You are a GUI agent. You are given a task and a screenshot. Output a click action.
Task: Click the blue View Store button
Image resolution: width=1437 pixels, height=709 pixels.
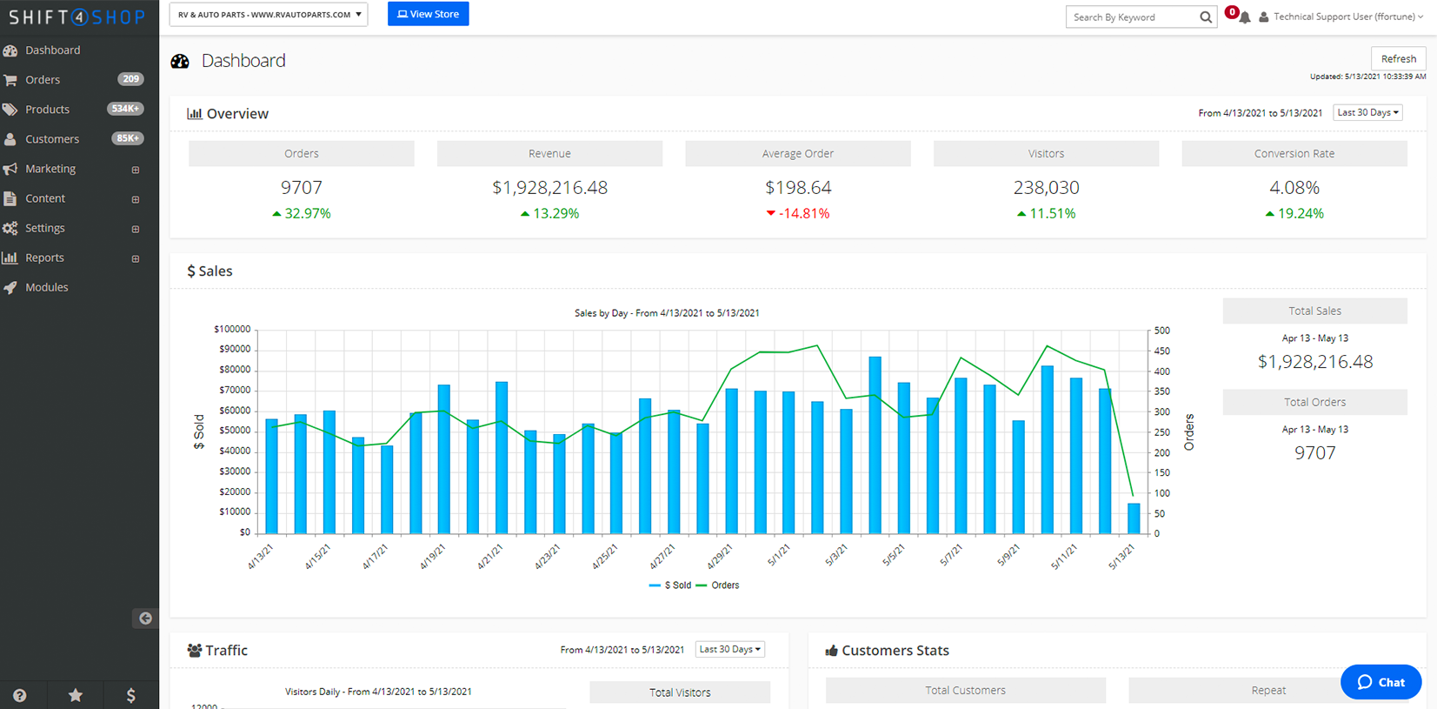coord(428,14)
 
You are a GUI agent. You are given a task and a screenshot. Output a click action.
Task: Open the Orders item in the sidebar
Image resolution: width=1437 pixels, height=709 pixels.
coord(43,80)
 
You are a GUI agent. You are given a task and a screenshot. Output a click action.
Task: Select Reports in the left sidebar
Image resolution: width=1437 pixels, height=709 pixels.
coord(44,258)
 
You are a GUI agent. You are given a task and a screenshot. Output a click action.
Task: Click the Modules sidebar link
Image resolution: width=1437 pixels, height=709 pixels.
coord(46,288)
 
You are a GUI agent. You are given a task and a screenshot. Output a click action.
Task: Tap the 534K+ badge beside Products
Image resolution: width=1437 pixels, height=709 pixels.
coord(125,109)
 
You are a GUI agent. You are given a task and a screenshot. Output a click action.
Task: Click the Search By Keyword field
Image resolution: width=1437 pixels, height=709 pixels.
coord(1132,17)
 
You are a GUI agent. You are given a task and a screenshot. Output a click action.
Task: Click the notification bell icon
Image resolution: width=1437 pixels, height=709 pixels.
coord(1245,17)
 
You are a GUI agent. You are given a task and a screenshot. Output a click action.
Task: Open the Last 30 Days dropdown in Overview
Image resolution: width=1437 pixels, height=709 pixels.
coord(1367,113)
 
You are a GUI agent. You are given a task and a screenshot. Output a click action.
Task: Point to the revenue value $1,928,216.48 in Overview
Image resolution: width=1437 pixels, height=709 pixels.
coord(549,188)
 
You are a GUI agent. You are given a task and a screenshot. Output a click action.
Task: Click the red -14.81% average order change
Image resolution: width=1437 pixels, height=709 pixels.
coord(798,214)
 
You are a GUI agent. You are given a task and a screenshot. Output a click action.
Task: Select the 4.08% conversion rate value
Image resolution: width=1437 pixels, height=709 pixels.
coord(1294,188)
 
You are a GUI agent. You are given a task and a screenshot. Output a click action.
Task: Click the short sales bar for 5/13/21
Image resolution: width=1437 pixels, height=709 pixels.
coord(1134,518)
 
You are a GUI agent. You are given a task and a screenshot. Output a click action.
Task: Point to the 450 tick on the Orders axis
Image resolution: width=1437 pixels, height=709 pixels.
coord(1161,351)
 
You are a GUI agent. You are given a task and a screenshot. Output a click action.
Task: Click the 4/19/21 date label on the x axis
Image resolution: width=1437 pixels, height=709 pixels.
coord(432,557)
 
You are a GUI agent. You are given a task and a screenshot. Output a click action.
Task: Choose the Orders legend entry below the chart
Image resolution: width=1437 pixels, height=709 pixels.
coord(723,585)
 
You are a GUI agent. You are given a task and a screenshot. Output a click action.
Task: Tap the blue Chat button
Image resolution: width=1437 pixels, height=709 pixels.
coord(1380,682)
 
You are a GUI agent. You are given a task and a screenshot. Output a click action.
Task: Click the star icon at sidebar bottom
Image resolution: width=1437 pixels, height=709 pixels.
coord(76,695)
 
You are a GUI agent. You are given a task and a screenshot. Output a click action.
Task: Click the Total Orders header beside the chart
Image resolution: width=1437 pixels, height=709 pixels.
coord(1314,403)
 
